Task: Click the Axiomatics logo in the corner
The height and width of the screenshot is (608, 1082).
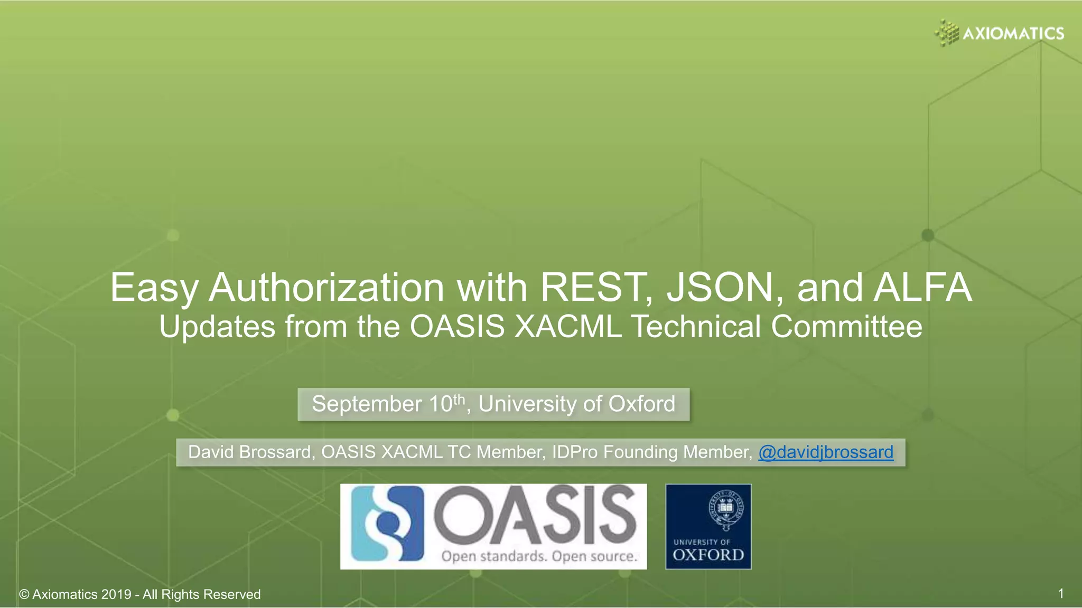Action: click(x=999, y=33)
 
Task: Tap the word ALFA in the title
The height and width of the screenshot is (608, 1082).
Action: click(x=922, y=288)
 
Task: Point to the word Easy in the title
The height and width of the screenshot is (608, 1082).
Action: click(x=154, y=289)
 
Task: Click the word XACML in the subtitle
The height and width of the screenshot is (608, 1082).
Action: click(x=568, y=327)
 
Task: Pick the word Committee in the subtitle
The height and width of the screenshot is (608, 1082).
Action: click(x=846, y=327)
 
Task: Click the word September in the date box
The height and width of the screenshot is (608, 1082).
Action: click(x=367, y=404)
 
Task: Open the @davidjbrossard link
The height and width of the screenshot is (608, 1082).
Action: click(x=826, y=452)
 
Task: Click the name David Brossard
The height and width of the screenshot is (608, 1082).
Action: click(x=249, y=452)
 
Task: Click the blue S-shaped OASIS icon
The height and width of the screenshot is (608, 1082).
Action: click(x=389, y=524)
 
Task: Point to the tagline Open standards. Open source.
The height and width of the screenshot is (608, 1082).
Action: click(x=539, y=556)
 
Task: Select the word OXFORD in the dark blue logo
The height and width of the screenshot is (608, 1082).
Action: click(x=708, y=555)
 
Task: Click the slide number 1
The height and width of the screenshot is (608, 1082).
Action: click(x=1060, y=594)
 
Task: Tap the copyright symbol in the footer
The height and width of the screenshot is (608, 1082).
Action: click(x=24, y=595)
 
